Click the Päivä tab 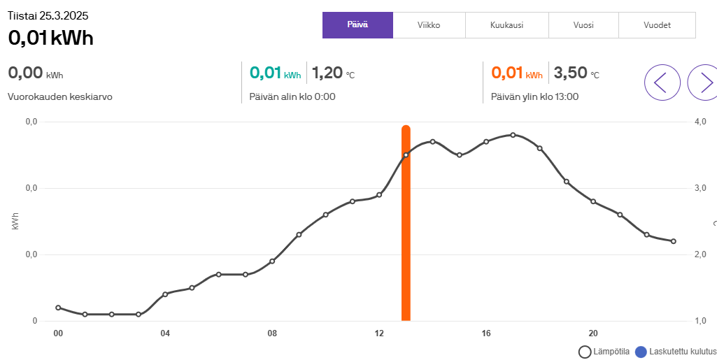[x=357, y=25]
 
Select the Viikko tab [x=428, y=25]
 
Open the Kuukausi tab [x=506, y=25]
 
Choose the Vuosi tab [x=583, y=25]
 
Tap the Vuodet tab [x=657, y=25]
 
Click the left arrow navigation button [x=662, y=82]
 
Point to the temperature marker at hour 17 [x=513, y=135]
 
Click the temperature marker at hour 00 [x=58, y=308]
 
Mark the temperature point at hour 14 [x=432, y=141]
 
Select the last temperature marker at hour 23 [x=673, y=241]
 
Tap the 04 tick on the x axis [x=165, y=333]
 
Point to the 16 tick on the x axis [x=486, y=333]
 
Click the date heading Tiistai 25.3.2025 [x=48, y=15]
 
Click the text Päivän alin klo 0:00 [x=292, y=96]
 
